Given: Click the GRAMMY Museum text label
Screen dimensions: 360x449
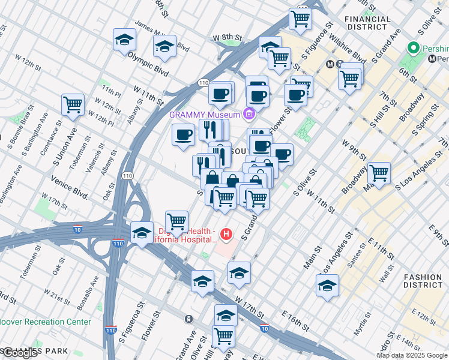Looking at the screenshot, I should [205, 114].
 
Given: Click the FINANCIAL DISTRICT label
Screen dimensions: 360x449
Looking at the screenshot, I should [366, 23].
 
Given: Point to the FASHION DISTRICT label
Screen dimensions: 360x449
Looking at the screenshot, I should [423, 281].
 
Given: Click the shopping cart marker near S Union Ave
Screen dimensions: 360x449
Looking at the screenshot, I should [73, 104].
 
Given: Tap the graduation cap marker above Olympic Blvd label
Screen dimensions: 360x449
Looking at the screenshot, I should [124, 40].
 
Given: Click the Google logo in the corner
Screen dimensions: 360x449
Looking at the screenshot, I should [20, 353].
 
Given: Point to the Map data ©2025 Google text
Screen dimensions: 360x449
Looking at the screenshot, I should [412, 355].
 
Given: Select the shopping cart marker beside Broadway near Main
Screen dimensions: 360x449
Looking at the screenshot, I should [379, 173].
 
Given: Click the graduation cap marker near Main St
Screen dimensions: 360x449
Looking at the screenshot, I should [327, 286].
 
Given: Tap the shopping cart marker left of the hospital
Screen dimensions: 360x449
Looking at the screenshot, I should [176, 221].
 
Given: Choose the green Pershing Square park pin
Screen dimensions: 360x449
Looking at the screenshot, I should [412, 47].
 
